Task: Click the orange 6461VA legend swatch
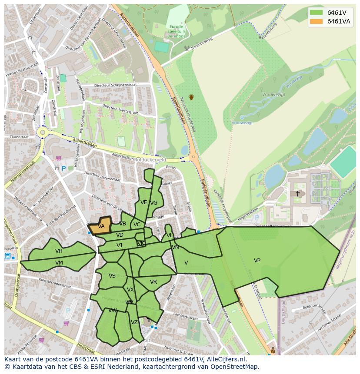[316, 22]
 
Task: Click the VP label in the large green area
[257, 261]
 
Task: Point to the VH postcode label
[59, 251]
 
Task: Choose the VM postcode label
[59, 263]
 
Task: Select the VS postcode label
[112, 276]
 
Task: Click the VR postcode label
[153, 282]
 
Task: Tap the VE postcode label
[143, 202]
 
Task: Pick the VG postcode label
[153, 203]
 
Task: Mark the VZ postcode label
[134, 322]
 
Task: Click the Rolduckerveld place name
[150, 160]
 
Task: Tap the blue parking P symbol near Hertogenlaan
[64, 169]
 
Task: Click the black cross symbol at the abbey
[298, 193]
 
